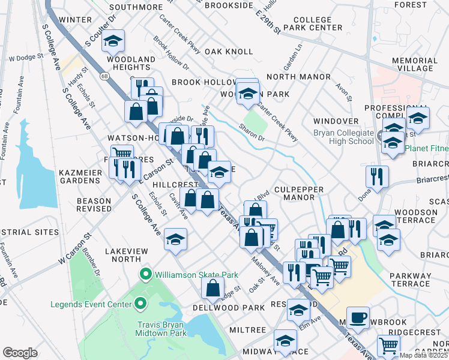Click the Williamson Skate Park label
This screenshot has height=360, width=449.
196,275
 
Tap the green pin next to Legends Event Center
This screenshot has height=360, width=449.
140,304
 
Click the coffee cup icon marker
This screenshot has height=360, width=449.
358,317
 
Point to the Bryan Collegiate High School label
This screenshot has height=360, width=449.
344,137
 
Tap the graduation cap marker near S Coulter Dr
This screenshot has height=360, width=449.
112,41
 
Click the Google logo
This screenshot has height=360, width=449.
20,353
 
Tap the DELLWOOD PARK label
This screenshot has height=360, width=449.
229,307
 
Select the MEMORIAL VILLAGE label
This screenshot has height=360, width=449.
418,65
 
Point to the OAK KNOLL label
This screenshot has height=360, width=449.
229,52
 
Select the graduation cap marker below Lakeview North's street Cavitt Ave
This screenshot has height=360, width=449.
175,239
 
